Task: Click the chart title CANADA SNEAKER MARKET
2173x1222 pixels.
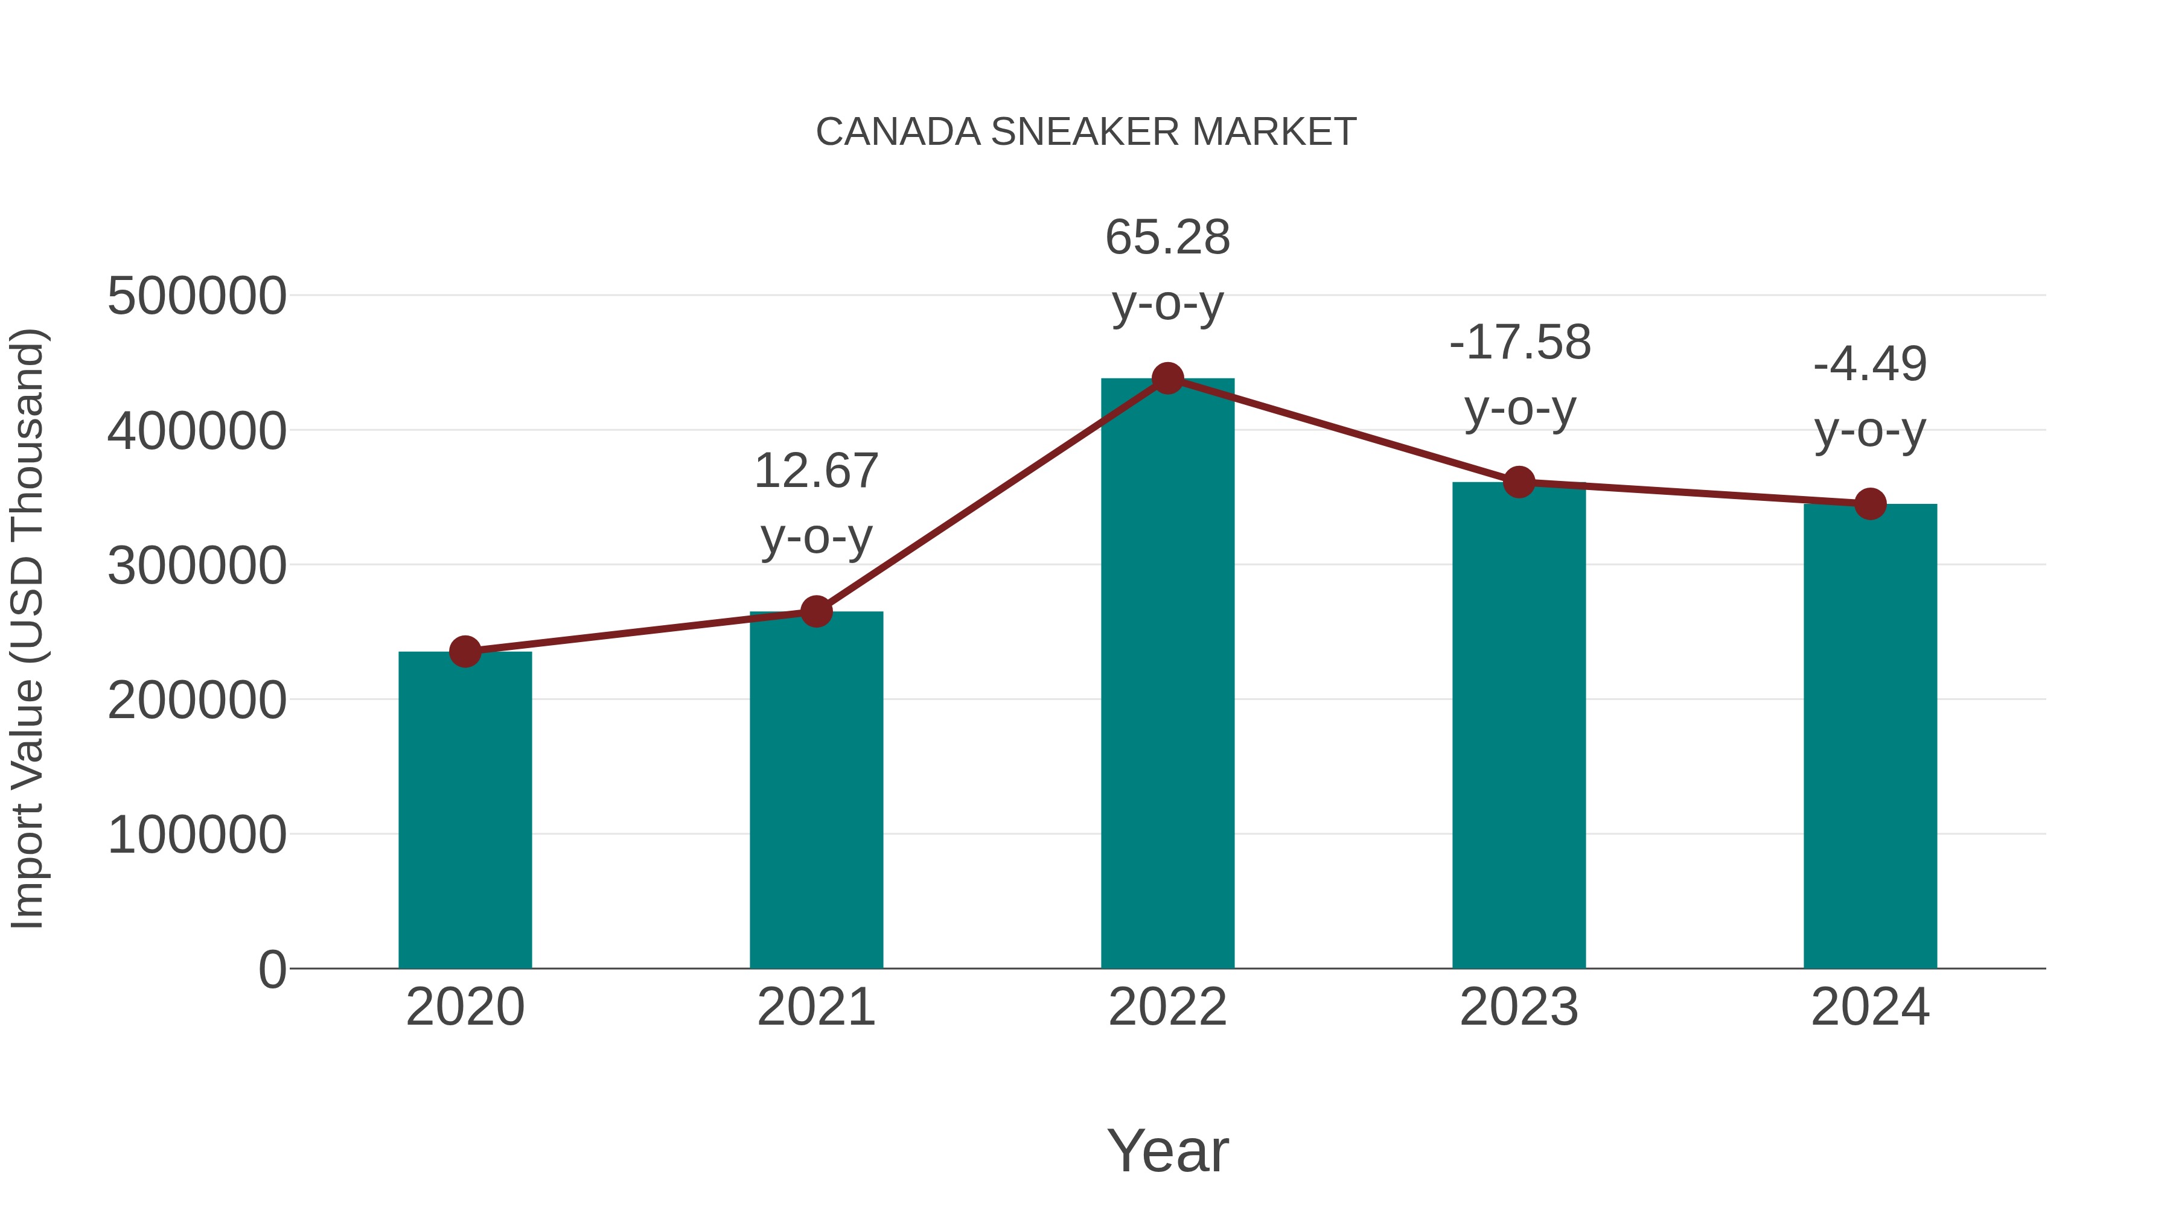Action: coord(1086,132)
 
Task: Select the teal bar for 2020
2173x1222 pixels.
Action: coord(465,810)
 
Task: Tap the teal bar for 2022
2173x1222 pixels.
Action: coord(1167,675)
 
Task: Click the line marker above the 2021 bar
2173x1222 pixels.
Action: coord(815,611)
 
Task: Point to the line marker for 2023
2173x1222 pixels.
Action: coord(1519,482)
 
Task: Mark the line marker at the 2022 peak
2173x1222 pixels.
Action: coord(1167,378)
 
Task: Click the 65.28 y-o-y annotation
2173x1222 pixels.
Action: coord(1167,270)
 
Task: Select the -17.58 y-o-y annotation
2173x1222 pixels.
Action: coord(1519,375)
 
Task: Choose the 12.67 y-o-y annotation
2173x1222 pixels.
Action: coord(815,503)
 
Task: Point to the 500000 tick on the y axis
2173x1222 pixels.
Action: coord(197,297)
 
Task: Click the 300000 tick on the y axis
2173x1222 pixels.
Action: coord(197,566)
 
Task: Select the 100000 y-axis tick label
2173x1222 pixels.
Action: coord(197,835)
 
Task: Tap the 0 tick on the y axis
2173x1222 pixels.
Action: coord(272,970)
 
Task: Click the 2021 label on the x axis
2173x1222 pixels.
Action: coord(815,1007)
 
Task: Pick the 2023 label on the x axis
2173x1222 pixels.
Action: coord(1519,1007)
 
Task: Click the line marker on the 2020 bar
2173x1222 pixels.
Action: coord(465,652)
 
